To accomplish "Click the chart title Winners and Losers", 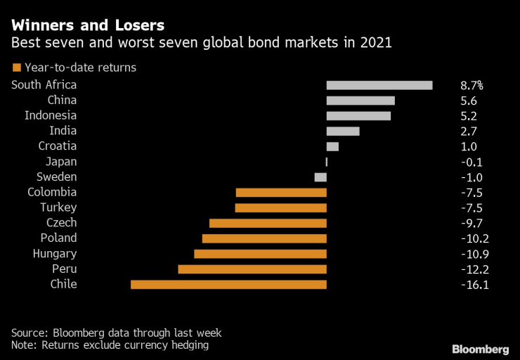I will [88, 25].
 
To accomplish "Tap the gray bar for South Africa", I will [379, 85].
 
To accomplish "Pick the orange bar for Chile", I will [228, 285].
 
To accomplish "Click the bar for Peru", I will [252, 269].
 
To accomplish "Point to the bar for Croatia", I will [332, 146].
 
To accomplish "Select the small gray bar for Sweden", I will [320, 177].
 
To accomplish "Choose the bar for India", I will [343, 131].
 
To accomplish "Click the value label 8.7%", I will [472, 85].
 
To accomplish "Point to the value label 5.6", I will [469, 101].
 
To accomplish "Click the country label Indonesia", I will [51, 115].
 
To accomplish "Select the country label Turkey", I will [59, 207].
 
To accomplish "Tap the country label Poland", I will [58, 238].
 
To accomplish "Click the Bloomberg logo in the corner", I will [480, 349].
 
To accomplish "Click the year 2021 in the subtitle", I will [377, 44].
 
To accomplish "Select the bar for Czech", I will [268, 223].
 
